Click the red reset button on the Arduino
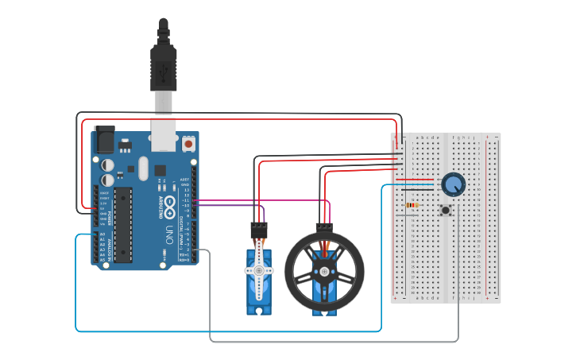click(x=189, y=144)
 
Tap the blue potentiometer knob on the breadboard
click(x=453, y=184)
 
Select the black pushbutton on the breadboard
click(x=446, y=211)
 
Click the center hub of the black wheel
click(x=324, y=272)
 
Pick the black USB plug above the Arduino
click(x=163, y=68)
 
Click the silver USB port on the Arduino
click(x=164, y=131)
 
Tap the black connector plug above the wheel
click(x=323, y=226)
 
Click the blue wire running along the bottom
click(x=238, y=330)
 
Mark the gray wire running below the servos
click(x=334, y=341)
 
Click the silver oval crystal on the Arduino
click(x=143, y=168)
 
